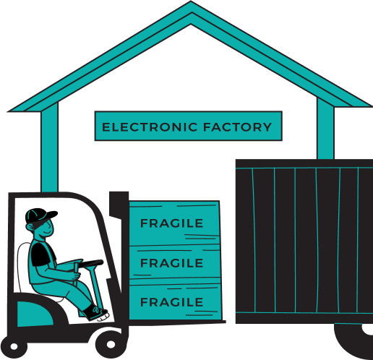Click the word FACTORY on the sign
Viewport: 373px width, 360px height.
tap(237, 127)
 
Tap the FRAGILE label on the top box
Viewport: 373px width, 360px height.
tap(171, 223)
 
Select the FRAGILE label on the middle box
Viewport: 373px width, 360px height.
tap(171, 263)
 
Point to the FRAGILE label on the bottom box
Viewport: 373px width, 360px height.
tap(171, 302)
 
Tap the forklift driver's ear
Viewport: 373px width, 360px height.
tap(30, 227)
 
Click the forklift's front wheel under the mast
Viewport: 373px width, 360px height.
tap(111, 345)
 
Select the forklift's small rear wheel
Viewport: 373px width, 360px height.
tap(14, 346)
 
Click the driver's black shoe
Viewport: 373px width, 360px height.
tap(95, 312)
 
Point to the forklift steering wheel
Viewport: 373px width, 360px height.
tap(91, 263)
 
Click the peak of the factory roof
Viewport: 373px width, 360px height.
tap(191, 2)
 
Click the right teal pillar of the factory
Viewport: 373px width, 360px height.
tap(325, 129)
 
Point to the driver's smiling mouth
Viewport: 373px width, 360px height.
tap(47, 233)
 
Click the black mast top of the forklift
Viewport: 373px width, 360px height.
tap(119, 205)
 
